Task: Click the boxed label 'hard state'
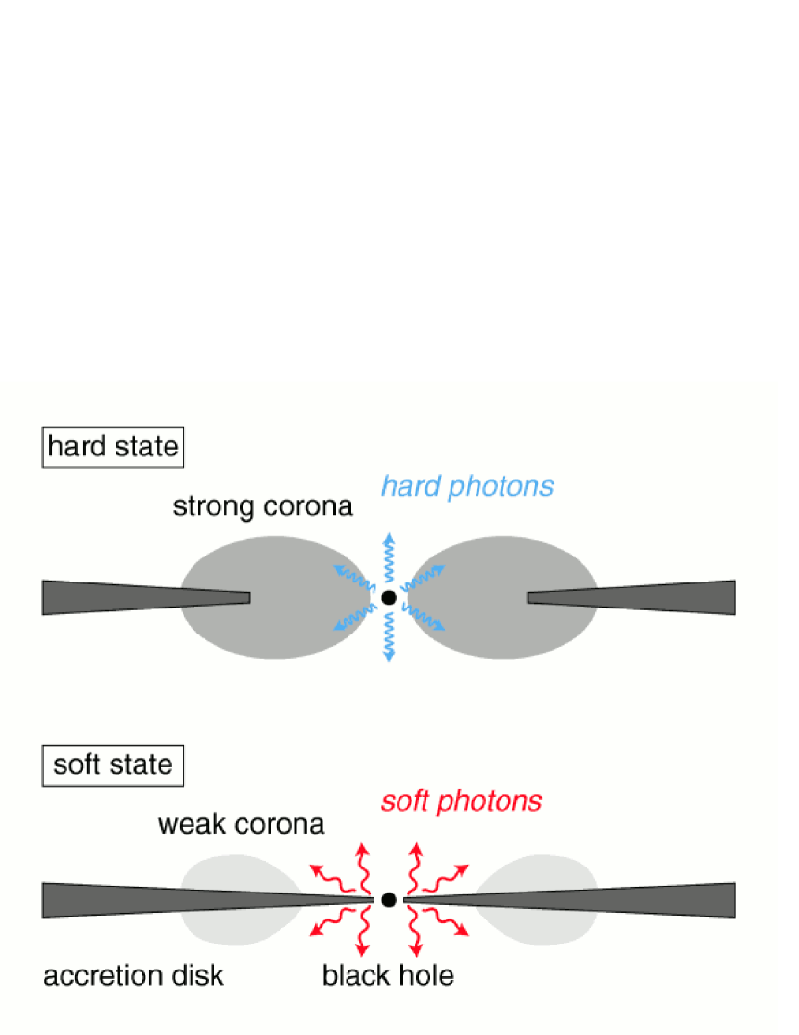[113, 448]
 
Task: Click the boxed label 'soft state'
[113, 765]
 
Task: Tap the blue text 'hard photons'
[467, 486]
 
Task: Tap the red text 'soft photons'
[461, 801]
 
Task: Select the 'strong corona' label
[262, 506]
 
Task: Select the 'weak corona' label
[241, 825]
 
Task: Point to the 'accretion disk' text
[133, 975]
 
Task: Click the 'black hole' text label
[388, 975]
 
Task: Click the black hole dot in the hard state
[389, 598]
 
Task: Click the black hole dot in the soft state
[389, 900]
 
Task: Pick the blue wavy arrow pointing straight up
[389, 554]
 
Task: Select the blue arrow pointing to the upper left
[352, 577]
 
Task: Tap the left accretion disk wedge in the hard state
[116, 598]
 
